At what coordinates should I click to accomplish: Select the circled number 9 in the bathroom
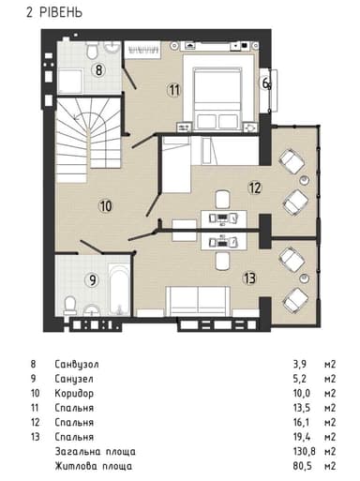pos(92,278)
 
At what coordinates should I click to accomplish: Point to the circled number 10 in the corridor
pos(105,204)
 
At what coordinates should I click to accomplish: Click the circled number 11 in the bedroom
pos(172,90)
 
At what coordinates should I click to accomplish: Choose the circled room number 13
pos(248,277)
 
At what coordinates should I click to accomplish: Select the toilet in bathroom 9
pos(69,302)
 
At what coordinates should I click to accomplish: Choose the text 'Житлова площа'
pos(94,466)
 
